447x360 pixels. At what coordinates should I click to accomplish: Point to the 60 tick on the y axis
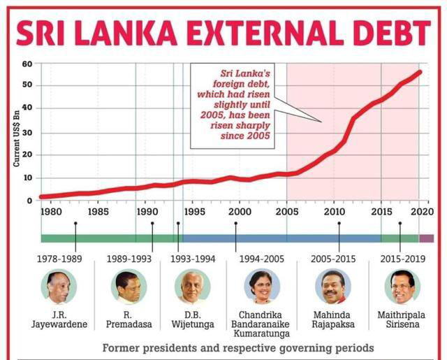pos(28,64)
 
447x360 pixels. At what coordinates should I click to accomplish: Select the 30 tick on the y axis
pos(28,132)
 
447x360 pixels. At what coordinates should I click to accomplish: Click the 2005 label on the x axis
pos(287,211)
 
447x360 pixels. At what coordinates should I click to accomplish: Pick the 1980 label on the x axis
pos(51,211)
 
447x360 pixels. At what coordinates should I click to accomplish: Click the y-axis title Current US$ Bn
pos(17,134)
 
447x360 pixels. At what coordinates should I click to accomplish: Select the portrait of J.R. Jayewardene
pos(59,287)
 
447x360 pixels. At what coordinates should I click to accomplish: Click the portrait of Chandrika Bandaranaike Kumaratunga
pos(262,287)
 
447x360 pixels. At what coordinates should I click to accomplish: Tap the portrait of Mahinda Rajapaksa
pos(333,287)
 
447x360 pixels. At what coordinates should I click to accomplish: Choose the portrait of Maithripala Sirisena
pos(402,287)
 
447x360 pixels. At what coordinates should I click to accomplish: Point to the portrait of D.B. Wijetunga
pos(193,287)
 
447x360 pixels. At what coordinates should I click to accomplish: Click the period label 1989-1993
pos(130,259)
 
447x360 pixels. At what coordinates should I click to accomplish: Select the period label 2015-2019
pos(402,259)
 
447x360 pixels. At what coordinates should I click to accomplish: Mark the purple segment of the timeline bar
pos(426,238)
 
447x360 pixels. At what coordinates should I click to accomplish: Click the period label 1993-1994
pos(193,259)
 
